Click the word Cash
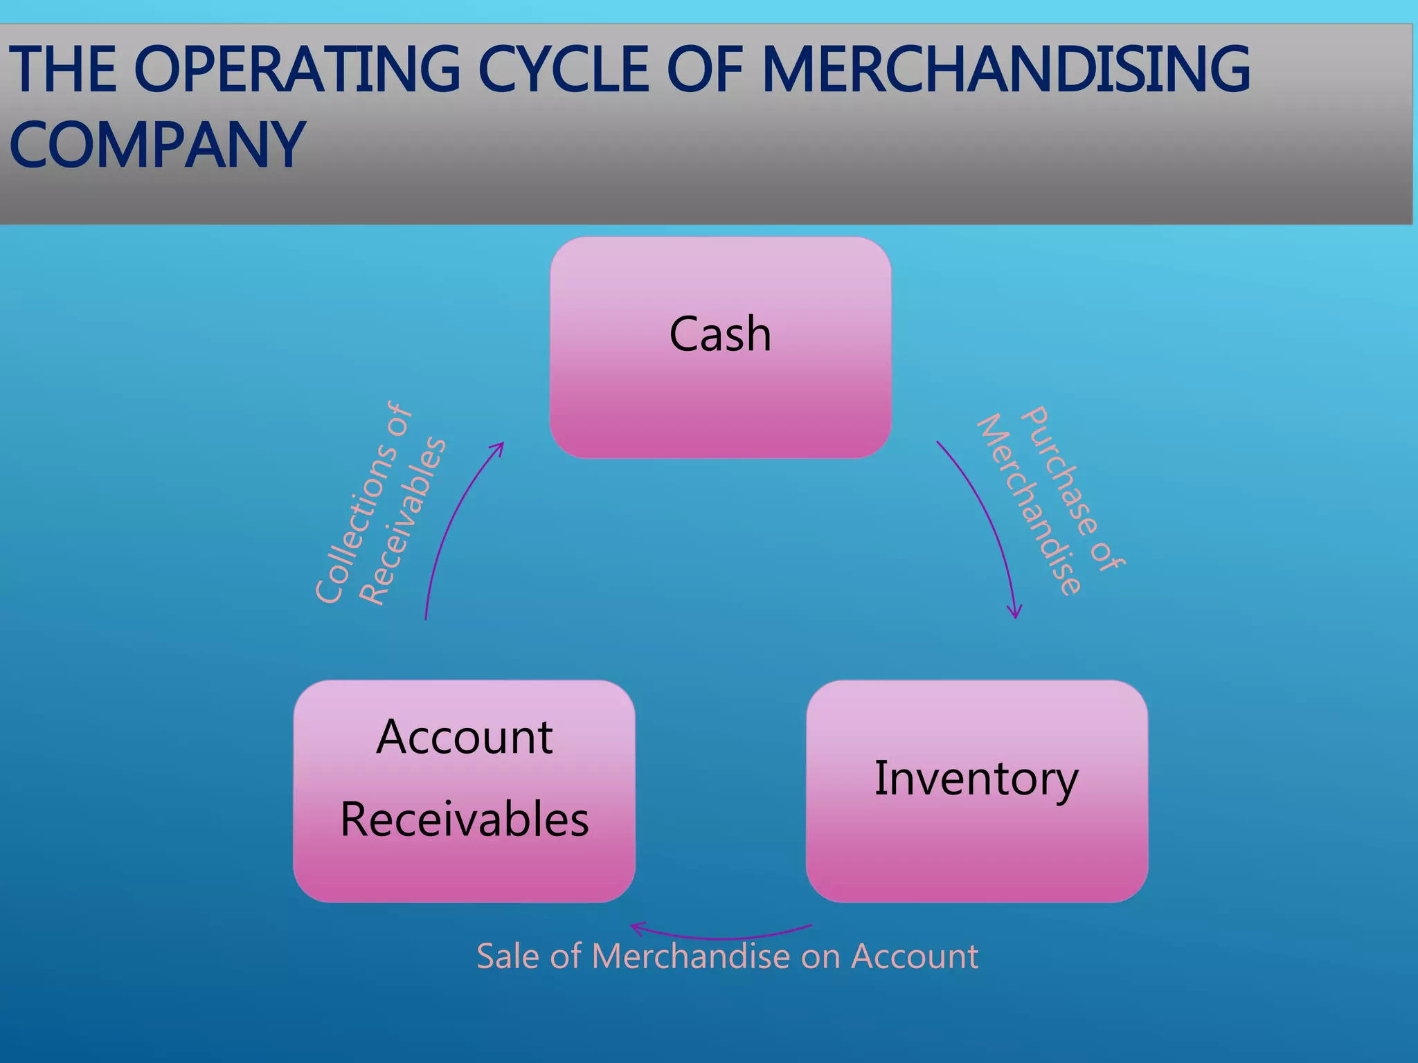[x=720, y=334]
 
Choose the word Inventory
[x=976, y=779]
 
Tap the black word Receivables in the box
[x=465, y=819]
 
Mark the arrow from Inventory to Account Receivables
[x=720, y=936]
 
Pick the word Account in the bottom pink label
[x=914, y=956]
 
